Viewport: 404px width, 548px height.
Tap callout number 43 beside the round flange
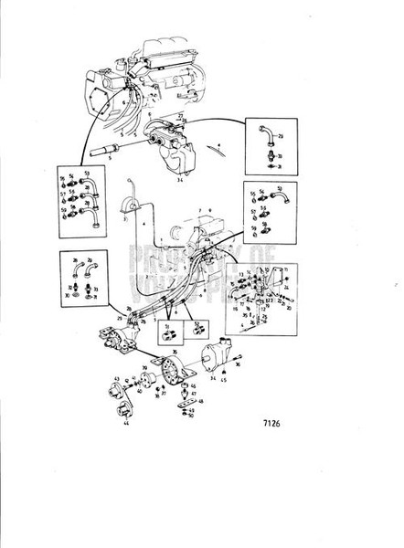[116, 379]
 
